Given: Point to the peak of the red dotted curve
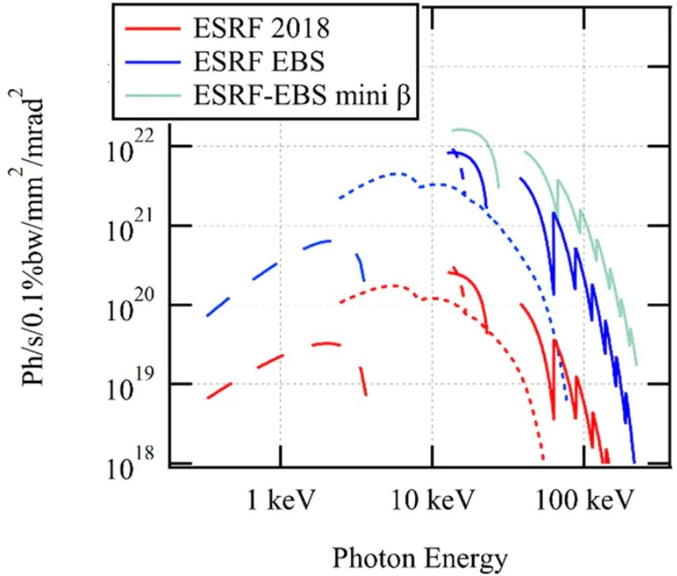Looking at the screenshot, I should [392, 285].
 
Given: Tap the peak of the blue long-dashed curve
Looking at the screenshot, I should [327, 240].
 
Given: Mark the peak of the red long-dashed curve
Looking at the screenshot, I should [327, 343].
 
